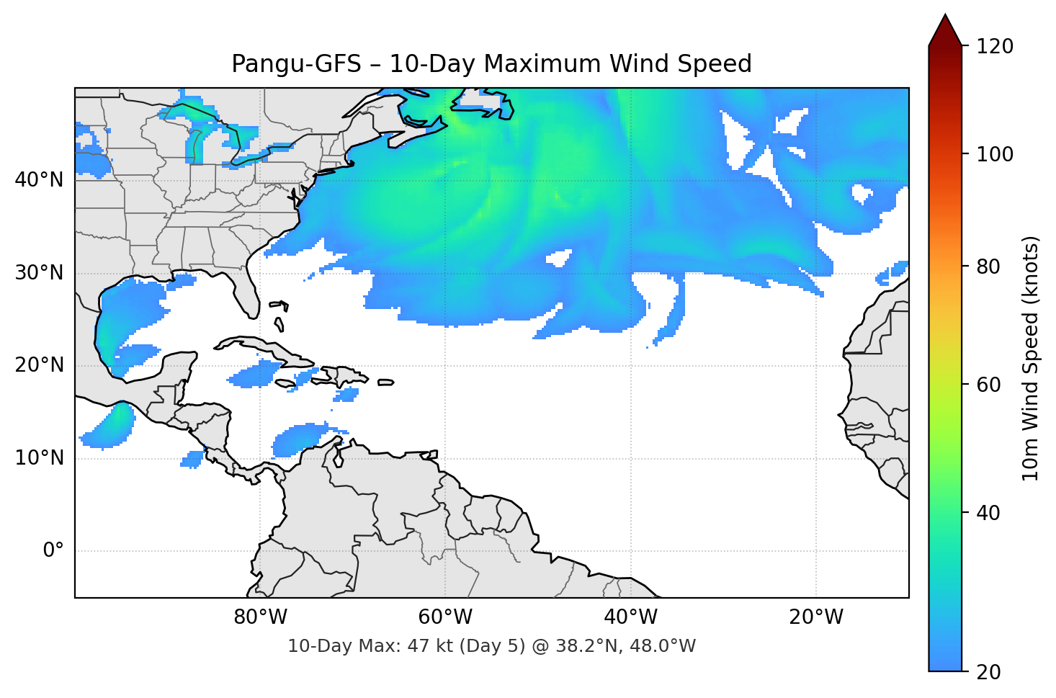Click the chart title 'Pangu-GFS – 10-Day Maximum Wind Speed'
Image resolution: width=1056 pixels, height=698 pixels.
(x=491, y=64)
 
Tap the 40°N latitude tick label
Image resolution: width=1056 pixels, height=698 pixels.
(x=39, y=179)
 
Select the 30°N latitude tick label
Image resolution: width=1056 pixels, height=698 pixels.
(x=39, y=273)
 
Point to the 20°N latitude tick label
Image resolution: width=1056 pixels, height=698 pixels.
(x=39, y=365)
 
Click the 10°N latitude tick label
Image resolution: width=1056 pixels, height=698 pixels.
(x=39, y=458)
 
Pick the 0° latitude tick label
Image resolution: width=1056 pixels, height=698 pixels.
(x=53, y=551)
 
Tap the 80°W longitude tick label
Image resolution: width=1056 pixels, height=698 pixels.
(x=260, y=617)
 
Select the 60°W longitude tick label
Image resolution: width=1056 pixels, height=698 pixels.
(x=445, y=617)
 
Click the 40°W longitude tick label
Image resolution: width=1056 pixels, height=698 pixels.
(x=630, y=617)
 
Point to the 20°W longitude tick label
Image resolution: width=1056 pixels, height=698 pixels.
(x=816, y=617)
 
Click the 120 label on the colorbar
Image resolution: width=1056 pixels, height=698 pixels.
(x=995, y=47)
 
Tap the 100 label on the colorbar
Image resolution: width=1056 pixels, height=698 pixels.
(x=995, y=154)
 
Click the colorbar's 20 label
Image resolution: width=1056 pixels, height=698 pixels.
(x=988, y=672)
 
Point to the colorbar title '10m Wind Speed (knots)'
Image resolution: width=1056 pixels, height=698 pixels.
(x=1031, y=358)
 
